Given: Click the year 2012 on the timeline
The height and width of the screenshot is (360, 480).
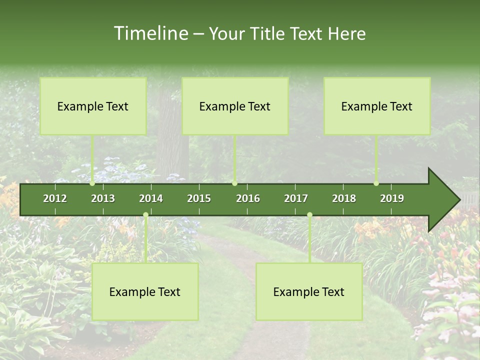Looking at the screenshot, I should pyautogui.click(x=55, y=198).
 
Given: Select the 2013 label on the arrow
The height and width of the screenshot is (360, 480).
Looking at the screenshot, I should pyautogui.click(x=103, y=198).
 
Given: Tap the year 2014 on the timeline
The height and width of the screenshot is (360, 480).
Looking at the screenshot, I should pyautogui.click(x=151, y=198).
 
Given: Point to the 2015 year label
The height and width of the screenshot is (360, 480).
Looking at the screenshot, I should pyautogui.click(x=199, y=198).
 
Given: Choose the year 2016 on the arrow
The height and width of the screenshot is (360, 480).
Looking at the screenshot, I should pyautogui.click(x=248, y=198).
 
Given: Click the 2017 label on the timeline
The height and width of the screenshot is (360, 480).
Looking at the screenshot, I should pyautogui.click(x=296, y=198).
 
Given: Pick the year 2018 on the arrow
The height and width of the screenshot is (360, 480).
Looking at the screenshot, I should pyautogui.click(x=344, y=198).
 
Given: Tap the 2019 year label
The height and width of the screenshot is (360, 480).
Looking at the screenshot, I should pyautogui.click(x=392, y=198).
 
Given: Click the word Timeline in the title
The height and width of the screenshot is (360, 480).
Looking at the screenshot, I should pyautogui.click(x=150, y=33).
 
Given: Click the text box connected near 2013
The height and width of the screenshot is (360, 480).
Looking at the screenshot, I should pyautogui.click(x=93, y=106).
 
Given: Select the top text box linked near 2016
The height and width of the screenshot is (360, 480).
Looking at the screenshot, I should pyautogui.click(x=235, y=106).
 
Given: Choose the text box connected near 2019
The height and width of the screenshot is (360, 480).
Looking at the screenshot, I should pyautogui.click(x=377, y=106).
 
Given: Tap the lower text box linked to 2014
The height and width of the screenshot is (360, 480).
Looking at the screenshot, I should pyautogui.click(x=145, y=291).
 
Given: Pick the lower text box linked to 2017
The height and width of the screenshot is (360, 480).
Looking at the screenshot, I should pyautogui.click(x=309, y=291).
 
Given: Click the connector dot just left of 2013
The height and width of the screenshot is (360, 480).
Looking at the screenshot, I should pyautogui.click(x=92, y=183).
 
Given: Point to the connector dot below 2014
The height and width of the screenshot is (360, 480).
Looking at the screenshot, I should pyautogui.click(x=145, y=215).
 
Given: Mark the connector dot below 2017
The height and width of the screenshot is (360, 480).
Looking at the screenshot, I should pyautogui.click(x=309, y=215).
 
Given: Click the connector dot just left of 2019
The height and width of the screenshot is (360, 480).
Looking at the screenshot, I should pyautogui.click(x=376, y=183).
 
